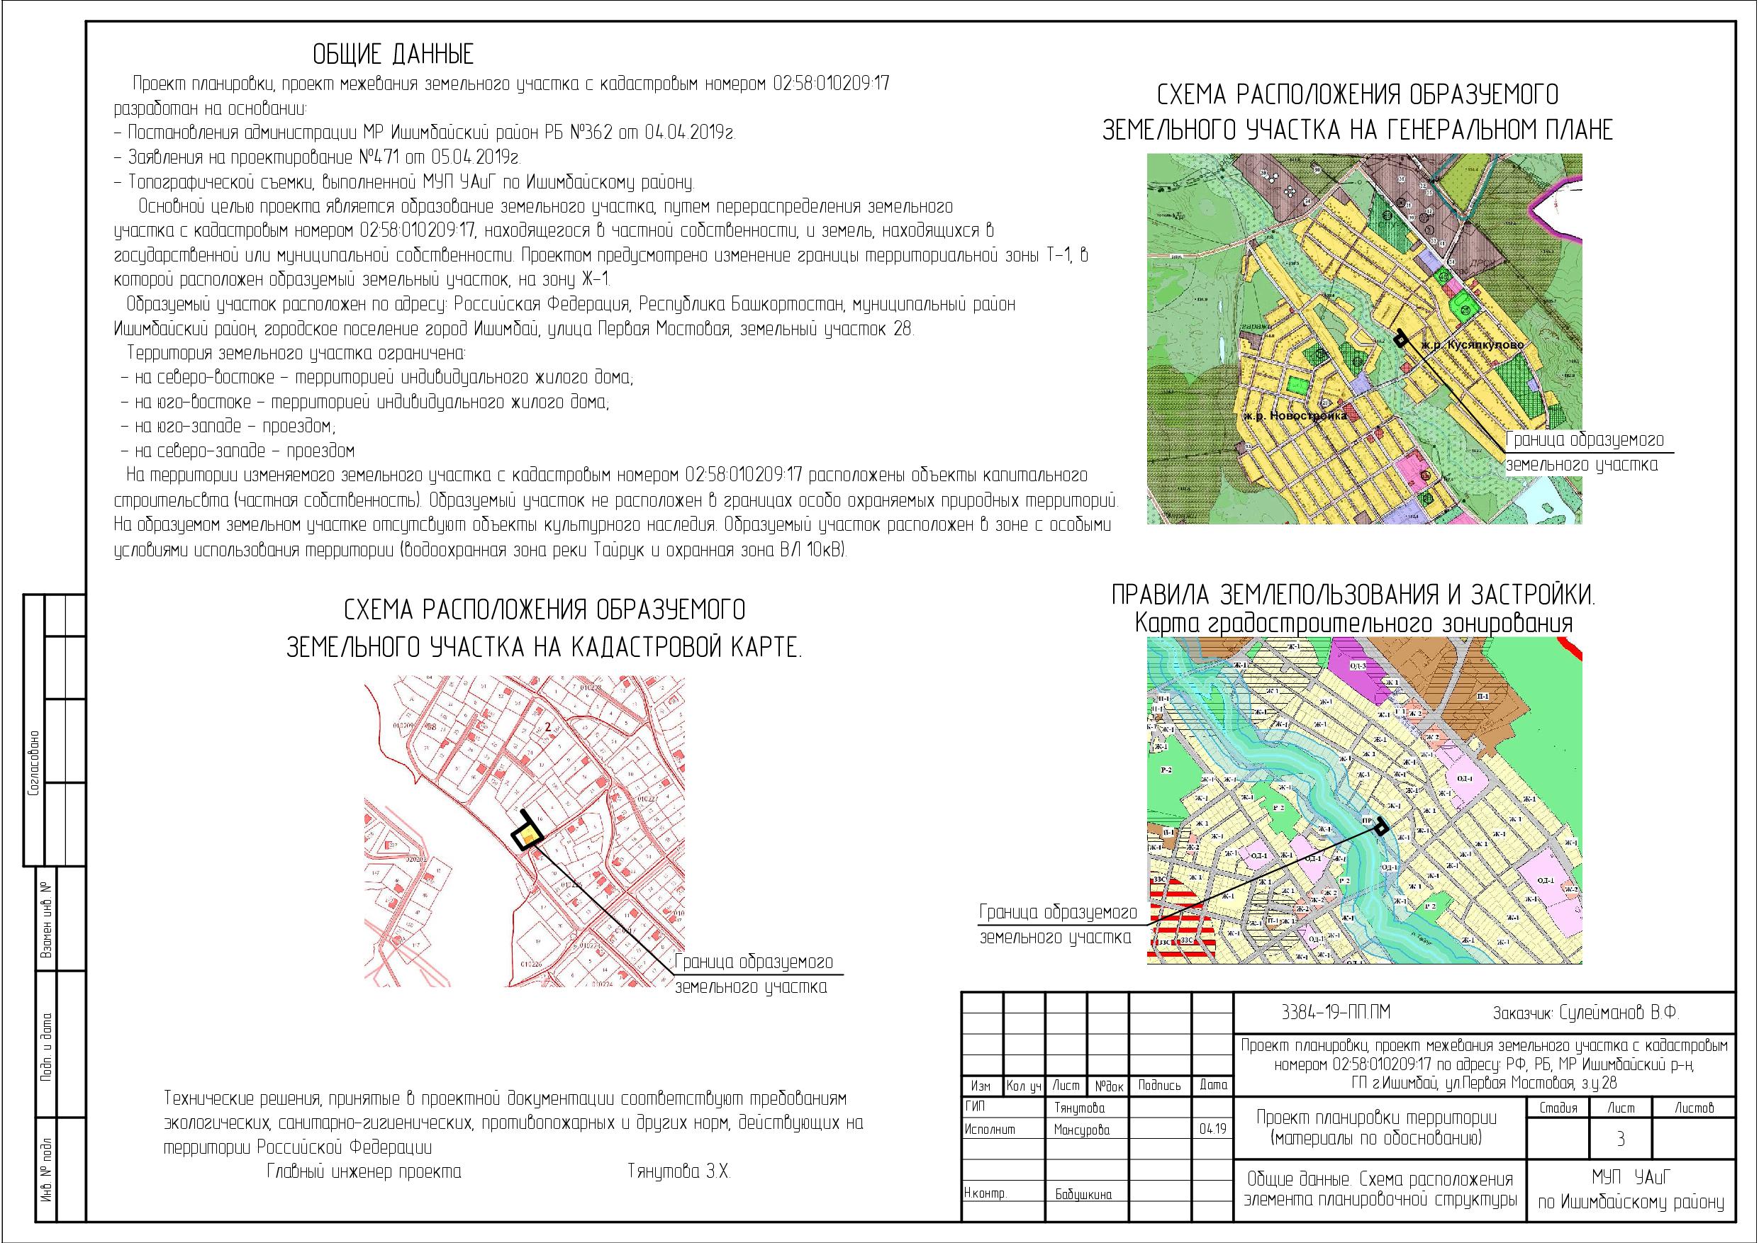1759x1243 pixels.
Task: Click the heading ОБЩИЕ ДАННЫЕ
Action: click(393, 55)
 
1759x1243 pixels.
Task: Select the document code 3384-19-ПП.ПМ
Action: click(1335, 1013)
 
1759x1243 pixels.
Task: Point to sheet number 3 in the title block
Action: click(1620, 1140)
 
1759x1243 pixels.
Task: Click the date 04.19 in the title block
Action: click(1213, 1129)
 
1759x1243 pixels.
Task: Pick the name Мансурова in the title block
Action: click(1081, 1130)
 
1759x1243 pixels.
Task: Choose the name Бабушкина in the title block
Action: click(1083, 1194)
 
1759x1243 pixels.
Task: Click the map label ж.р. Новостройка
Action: click(1295, 416)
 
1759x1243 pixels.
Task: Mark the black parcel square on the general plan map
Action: click(1400, 339)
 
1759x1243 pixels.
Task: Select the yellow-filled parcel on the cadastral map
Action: click(527, 837)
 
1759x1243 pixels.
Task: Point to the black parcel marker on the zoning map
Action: click(1381, 826)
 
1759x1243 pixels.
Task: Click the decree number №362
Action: click(591, 133)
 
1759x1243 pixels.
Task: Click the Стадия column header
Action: click(1558, 1108)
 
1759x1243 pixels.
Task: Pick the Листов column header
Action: click(1694, 1108)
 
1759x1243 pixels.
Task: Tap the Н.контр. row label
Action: click(985, 1194)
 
